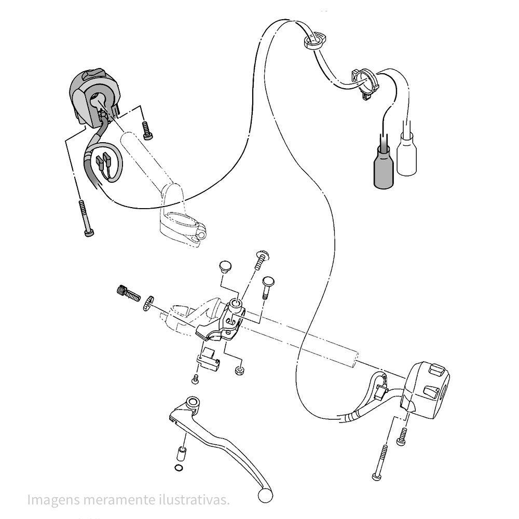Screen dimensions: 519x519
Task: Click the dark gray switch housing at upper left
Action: click(x=93, y=96)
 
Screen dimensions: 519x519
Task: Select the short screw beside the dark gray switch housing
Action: click(x=147, y=130)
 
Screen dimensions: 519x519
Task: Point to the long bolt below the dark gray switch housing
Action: click(x=85, y=218)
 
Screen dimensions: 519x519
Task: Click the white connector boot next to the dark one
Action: click(x=407, y=154)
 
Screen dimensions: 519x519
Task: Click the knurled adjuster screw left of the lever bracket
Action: click(x=127, y=293)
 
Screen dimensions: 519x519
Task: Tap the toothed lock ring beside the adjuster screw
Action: click(x=148, y=303)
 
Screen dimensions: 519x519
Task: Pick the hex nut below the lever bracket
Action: click(x=240, y=371)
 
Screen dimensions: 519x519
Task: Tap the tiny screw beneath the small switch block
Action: click(x=196, y=379)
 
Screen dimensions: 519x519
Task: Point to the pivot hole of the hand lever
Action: click(x=193, y=403)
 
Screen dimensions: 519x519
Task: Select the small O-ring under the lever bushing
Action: click(x=179, y=469)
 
